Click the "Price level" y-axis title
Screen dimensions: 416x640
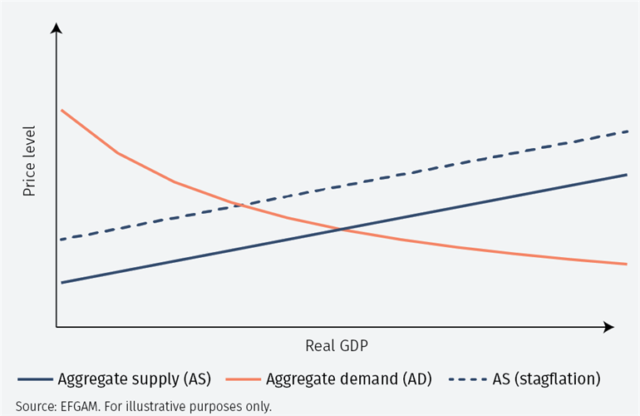point(29,161)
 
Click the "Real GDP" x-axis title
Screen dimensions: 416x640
point(336,345)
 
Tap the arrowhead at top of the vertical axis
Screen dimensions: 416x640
point(57,29)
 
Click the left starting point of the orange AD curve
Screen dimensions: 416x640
point(62,110)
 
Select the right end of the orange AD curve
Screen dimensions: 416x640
point(627,265)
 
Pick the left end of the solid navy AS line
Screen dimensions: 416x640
point(62,283)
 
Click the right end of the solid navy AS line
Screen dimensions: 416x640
point(627,175)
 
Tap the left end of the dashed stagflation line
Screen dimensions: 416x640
point(62,240)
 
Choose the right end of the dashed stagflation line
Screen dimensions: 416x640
point(627,131)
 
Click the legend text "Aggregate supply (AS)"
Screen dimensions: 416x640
point(134,379)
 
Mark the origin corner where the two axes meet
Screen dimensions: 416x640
point(57,327)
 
